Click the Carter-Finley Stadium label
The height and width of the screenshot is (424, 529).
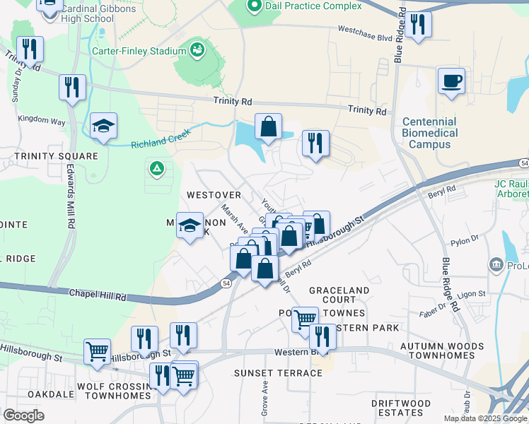pos(139,51)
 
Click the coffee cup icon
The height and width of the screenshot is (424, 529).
pos(450,81)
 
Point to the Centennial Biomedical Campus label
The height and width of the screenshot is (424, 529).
pos(430,133)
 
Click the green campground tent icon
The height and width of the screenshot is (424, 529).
pos(156,169)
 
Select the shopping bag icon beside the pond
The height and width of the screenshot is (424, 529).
pos(269,127)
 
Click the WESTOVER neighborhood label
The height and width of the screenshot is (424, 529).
pos(214,194)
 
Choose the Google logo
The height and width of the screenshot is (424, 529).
pos(23,416)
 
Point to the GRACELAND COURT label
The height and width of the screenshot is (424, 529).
pos(339,295)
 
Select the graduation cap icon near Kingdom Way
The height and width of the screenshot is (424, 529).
pos(104,126)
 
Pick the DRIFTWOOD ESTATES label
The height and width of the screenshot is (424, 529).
pos(401,408)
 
